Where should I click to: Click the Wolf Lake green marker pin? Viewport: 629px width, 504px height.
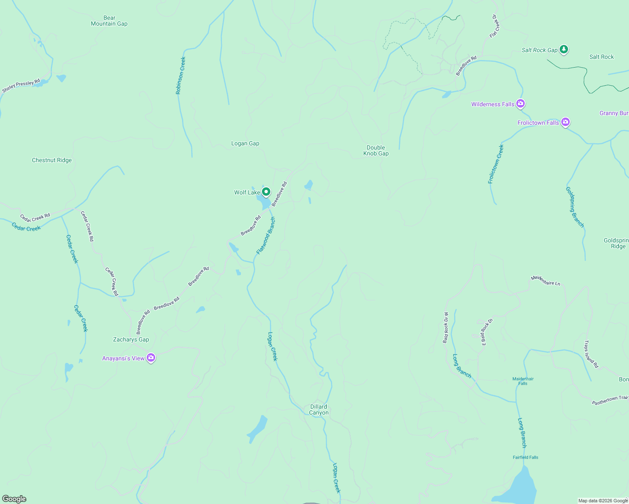tap(266, 192)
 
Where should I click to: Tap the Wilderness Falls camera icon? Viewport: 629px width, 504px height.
tap(521, 104)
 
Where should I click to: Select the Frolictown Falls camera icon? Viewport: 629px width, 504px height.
tap(566, 122)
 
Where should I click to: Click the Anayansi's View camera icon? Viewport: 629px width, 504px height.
tap(151, 358)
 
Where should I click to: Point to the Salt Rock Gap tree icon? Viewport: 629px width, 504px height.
tap(564, 50)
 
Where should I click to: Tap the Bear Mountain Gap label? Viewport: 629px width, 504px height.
tap(109, 21)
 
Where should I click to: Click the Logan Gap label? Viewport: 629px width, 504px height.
tap(245, 144)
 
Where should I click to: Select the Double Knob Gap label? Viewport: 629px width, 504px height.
tap(376, 150)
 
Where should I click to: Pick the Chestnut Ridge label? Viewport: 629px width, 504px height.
tap(52, 160)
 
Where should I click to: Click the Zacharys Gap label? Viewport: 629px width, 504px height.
tap(131, 340)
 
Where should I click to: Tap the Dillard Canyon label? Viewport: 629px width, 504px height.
tap(319, 409)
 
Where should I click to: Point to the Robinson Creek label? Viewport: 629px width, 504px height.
tap(180, 76)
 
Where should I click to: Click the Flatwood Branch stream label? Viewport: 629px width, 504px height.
tap(266, 236)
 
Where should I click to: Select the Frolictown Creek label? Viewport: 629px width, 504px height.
tap(495, 164)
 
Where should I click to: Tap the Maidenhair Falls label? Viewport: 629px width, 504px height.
tap(523, 381)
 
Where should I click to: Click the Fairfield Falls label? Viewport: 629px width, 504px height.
tap(525, 457)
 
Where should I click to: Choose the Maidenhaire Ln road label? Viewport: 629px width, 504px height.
tap(545, 281)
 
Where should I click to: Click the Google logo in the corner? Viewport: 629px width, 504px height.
tap(14, 499)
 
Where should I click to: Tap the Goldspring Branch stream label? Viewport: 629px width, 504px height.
tap(574, 207)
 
